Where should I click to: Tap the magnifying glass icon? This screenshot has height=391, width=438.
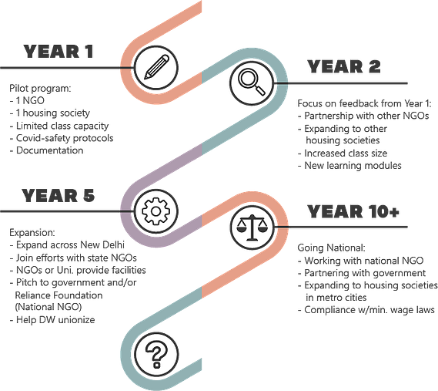click(252, 83)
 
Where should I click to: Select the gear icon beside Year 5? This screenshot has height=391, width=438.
click(155, 211)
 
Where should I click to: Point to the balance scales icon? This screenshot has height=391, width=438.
click(252, 227)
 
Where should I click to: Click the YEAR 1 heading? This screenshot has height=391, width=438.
click(59, 52)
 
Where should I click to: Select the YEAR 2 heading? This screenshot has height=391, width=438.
click(344, 66)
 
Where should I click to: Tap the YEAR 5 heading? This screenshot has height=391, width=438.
click(59, 195)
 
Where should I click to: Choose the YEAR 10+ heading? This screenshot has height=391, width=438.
click(353, 211)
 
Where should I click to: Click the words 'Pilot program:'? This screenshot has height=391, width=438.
click(40, 89)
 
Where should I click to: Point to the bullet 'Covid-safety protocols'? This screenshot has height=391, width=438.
click(62, 138)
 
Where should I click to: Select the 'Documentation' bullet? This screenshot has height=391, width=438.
click(46, 150)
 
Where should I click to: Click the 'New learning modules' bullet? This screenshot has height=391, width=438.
click(349, 165)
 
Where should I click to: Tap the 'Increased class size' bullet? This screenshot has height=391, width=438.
click(343, 153)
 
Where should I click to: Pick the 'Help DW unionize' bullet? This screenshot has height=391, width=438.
click(52, 319)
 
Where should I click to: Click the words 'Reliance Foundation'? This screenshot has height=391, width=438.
click(59, 295)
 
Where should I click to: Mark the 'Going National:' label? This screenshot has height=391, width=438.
click(331, 248)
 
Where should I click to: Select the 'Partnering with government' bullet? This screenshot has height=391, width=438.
click(362, 273)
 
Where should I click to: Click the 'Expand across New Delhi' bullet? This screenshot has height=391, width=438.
click(67, 245)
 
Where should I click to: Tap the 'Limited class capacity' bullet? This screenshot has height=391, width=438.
click(59, 126)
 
